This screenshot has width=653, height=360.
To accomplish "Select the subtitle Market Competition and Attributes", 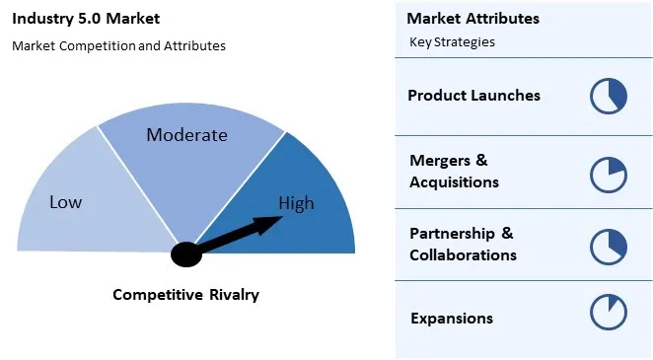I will (x=118, y=45).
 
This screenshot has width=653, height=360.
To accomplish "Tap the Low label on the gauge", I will (x=65, y=202).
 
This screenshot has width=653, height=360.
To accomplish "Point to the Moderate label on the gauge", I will (x=186, y=135).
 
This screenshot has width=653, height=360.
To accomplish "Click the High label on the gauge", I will (x=296, y=204).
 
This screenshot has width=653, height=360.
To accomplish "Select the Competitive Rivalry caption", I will (x=185, y=294).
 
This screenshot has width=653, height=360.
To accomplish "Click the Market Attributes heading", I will (x=473, y=19).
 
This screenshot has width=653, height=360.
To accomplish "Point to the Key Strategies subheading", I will (x=452, y=42).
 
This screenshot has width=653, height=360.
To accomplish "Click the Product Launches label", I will (x=473, y=96).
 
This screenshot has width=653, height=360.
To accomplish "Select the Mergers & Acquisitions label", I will (x=454, y=171).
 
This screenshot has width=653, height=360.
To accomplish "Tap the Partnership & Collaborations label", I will (x=463, y=244).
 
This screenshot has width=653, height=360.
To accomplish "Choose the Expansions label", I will (x=451, y=318).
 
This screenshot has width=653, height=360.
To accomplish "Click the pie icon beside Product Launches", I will (x=609, y=97).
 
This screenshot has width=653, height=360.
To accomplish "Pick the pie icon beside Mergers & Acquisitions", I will (x=609, y=174).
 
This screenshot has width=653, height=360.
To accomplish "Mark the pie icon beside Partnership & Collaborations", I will (x=609, y=245).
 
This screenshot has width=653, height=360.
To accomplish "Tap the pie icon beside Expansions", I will (x=609, y=313).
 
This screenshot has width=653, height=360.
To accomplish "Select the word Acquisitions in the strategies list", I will (x=454, y=181).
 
